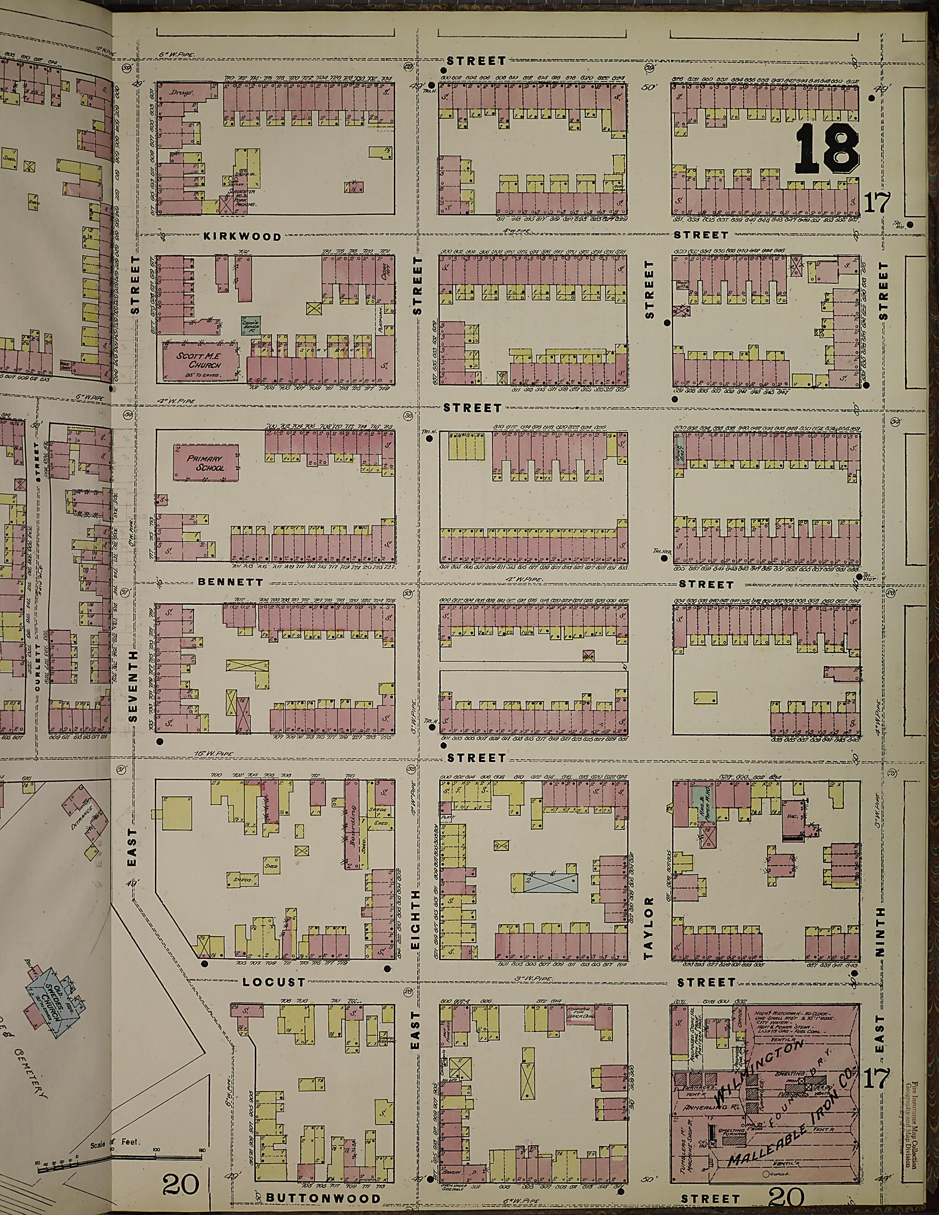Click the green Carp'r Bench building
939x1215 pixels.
click(x=248, y=325)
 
